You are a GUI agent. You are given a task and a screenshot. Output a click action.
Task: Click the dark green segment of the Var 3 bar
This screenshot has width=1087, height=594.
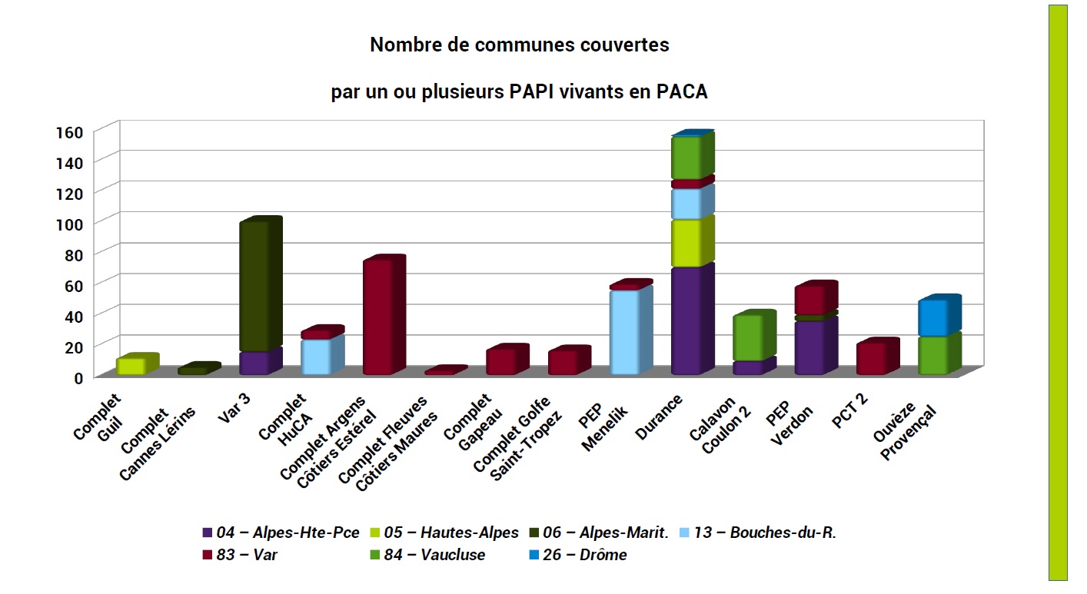click(x=254, y=286)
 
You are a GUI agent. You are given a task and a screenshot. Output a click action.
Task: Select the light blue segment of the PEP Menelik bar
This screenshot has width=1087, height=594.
click(x=624, y=332)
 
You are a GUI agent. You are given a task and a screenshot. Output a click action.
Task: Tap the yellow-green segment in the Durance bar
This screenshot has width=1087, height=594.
click(x=686, y=244)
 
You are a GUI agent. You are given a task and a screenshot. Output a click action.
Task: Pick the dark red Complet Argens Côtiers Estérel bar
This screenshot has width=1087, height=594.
click(x=377, y=317)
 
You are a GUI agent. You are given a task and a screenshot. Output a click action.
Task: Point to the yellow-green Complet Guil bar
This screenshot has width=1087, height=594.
click(x=130, y=367)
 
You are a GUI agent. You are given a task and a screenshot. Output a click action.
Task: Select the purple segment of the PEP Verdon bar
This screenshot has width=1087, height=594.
click(x=809, y=347)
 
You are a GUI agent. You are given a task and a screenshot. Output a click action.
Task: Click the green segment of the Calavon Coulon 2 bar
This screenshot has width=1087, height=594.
click(x=747, y=338)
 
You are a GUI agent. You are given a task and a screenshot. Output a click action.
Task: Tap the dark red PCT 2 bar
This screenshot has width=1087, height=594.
click(x=871, y=359)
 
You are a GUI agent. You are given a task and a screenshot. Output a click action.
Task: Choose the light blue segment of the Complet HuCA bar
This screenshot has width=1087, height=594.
click(x=315, y=357)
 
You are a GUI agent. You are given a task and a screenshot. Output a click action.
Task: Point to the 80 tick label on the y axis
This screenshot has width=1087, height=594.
click(x=72, y=254)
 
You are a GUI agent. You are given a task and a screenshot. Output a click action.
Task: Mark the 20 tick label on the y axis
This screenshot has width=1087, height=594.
click(x=72, y=347)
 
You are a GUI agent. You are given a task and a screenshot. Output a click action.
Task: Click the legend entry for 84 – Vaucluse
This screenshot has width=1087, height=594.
click(x=440, y=555)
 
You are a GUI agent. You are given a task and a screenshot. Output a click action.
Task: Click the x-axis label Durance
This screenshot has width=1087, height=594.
click(x=659, y=416)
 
